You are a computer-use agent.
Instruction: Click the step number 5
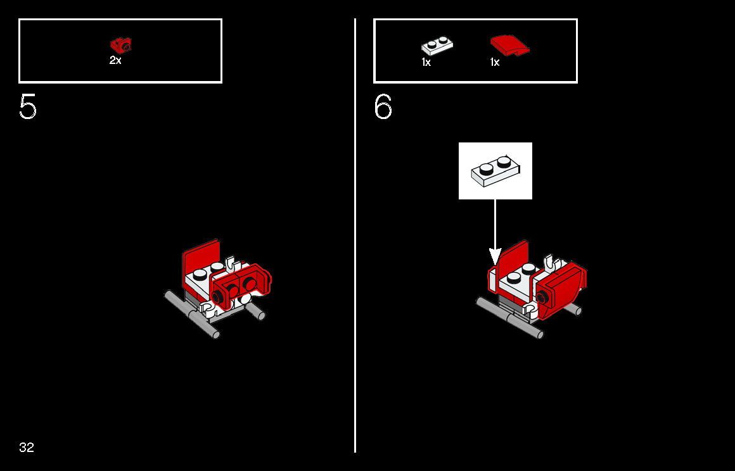click(28, 107)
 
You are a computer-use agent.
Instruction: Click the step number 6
click(383, 107)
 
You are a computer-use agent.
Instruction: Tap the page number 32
click(27, 448)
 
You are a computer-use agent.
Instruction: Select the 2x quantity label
click(115, 60)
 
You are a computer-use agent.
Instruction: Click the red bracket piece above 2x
click(121, 46)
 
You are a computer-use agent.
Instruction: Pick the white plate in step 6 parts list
click(437, 46)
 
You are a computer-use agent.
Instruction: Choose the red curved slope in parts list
click(509, 46)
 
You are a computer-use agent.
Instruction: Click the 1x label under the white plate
click(426, 62)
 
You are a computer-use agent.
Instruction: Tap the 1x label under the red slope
click(495, 62)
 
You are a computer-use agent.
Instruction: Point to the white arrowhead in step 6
click(495, 256)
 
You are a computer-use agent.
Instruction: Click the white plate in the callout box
click(495, 171)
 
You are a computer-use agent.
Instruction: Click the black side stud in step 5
click(217, 297)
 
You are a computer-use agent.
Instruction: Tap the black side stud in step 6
click(542, 297)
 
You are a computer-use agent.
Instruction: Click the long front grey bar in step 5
click(192, 314)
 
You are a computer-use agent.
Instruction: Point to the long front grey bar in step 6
click(510, 318)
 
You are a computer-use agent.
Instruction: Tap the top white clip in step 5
click(231, 265)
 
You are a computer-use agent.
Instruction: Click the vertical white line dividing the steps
click(355, 235)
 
